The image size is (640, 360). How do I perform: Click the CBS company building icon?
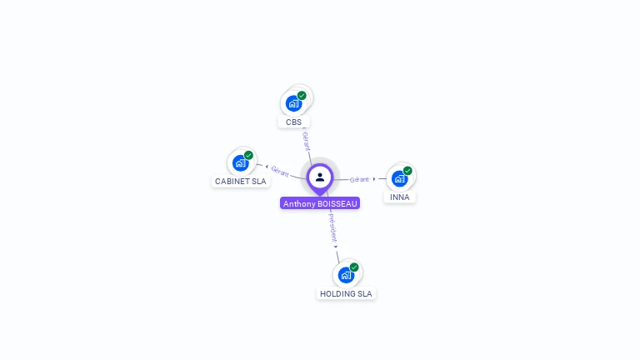click(x=292, y=103)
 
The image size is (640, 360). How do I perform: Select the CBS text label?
click(x=293, y=122)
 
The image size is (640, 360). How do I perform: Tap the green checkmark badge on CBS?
click(x=302, y=96)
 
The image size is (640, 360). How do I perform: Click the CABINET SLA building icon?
click(x=240, y=162)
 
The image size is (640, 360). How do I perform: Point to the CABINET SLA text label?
click(x=241, y=181)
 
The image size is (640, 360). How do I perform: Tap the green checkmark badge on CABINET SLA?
click(x=248, y=155)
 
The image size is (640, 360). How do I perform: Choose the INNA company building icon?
click(x=399, y=178)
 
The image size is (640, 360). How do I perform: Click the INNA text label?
click(x=400, y=197)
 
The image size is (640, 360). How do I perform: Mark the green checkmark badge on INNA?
click(x=407, y=171)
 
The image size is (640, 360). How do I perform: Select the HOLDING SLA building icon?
click(x=346, y=275)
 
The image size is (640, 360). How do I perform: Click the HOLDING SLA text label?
click(x=346, y=293)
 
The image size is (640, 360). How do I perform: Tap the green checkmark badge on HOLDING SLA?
click(x=354, y=267)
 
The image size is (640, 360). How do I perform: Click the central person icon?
click(x=320, y=177)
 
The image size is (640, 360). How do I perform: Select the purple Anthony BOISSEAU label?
click(x=320, y=203)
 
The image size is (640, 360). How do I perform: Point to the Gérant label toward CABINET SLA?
click(x=280, y=172)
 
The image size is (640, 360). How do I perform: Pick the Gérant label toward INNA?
click(x=359, y=179)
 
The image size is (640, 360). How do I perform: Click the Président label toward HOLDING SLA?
click(x=332, y=226)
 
